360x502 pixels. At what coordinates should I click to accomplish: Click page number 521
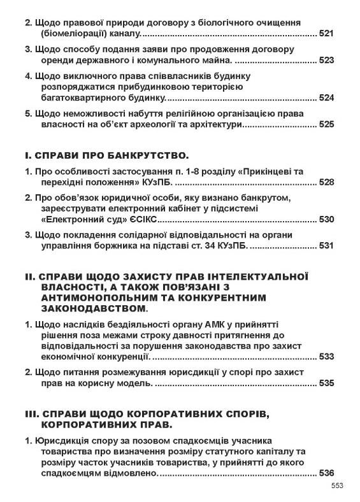click(326, 32)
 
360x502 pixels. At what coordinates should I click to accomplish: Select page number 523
click(326, 61)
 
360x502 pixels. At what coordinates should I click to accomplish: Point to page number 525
click(326, 125)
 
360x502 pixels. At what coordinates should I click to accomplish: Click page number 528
click(326, 182)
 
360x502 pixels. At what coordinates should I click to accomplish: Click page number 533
click(326, 357)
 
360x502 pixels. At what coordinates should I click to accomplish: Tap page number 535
click(326, 384)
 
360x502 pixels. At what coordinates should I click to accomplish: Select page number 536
click(326, 473)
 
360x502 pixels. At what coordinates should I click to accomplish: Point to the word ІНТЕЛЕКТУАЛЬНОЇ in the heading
click(249, 276)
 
